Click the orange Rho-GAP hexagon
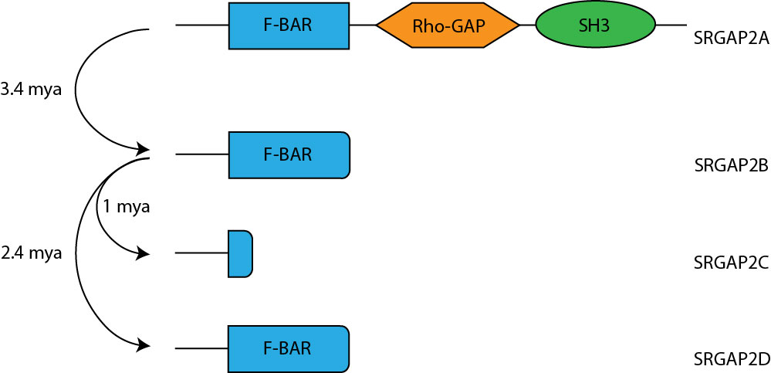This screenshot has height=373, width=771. (448, 25)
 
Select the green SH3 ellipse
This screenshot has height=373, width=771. (594, 25)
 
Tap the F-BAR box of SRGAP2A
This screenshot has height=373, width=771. (289, 25)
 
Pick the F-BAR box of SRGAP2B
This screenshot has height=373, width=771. (289, 154)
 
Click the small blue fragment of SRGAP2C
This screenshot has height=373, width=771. (240, 253)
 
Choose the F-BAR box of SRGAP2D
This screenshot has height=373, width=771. (289, 348)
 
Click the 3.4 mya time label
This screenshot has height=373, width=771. (31, 90)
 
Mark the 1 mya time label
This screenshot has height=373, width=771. (126, 206)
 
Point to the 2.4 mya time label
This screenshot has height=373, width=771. (32, 253)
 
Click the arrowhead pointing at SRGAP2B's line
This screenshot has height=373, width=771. (143, 148)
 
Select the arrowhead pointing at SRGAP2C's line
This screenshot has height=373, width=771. (143, 253)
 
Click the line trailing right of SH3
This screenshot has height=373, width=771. (671, 25)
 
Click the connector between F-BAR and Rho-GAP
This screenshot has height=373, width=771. (362, 25)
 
